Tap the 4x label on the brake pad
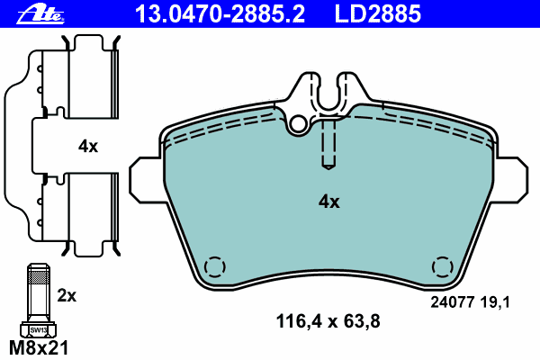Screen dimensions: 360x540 [x=329, y=202]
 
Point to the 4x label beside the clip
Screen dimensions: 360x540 [x=87, y=145]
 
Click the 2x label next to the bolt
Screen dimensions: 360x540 [x=67, y=294]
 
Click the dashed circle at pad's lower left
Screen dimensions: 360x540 [x=214, y=268]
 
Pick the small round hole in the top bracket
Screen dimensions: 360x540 [x=299, y=122]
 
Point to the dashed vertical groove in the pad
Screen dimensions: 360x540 [x=329, y=144]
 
